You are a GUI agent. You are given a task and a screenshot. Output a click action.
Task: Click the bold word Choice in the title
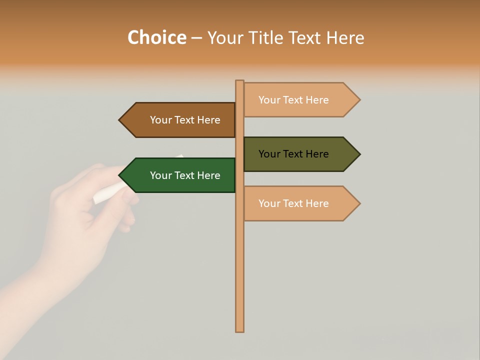click(x=156, y=38)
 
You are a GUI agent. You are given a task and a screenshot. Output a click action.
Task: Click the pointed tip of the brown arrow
click(x=120, y=120)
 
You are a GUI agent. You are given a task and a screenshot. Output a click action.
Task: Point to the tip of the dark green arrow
click(x=120, y=175)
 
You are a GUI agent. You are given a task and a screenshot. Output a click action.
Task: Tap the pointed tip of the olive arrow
click(x=359, y=154)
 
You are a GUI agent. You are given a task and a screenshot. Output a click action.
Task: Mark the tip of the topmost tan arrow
click(x=359, y=100)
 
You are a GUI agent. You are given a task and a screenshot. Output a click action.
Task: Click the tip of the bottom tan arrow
click(x=359, y=203)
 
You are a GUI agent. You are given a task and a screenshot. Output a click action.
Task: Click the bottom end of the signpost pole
click(x=240, y=330)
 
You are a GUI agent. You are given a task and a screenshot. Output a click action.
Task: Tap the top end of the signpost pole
click(x=240, y=81)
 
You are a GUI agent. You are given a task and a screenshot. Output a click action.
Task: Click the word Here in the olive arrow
click(x=315, y=154)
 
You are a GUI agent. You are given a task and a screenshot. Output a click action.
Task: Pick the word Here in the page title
click(x=345, y=38)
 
